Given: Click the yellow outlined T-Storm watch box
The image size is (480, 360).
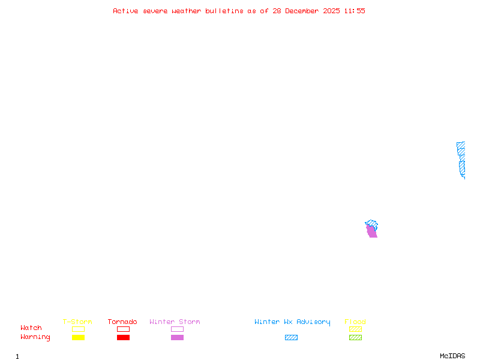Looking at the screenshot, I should (x=78, y=329).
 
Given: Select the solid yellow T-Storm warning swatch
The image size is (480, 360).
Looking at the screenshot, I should (x=78, y=338).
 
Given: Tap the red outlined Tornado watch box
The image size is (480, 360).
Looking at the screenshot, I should (x=123, y=329).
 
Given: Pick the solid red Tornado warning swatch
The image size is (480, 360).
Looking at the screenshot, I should (x=123, y=338).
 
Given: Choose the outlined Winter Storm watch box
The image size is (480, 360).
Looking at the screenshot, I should (x=177, y=329).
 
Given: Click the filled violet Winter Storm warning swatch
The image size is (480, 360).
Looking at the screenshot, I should (x=177, y=338).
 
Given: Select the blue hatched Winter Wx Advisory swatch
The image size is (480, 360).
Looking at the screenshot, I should (x=291, y=338).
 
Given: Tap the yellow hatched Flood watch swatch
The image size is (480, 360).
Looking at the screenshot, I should (x=355, y=329).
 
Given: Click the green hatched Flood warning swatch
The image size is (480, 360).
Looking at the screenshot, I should (x=355, y=338).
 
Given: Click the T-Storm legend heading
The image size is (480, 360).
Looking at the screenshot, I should (x=77, y=322).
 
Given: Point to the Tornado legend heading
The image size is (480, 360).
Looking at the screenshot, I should (x=122, y=322).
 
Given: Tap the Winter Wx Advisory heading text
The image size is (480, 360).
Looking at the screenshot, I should (x=292, y=322).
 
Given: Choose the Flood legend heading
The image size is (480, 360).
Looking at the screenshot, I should (x=355, y=322).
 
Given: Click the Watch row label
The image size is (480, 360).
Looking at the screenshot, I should (x=31, y=328).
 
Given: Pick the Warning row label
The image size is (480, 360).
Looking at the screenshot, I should (x=35, y=337).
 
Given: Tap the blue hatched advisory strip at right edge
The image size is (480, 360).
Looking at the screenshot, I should (x=461, y=159).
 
